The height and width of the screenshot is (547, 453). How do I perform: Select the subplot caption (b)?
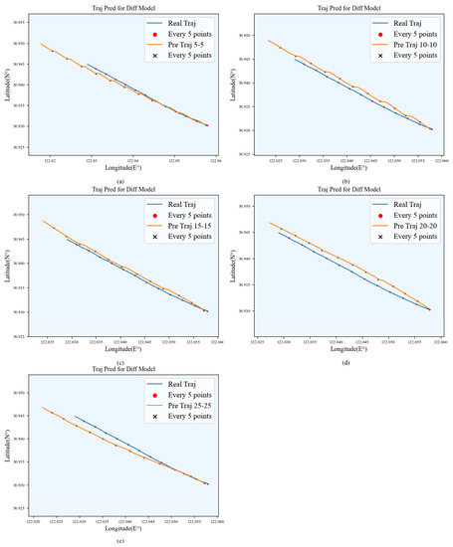(345, 181)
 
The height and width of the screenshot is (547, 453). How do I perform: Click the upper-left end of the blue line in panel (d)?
(278, 232)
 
